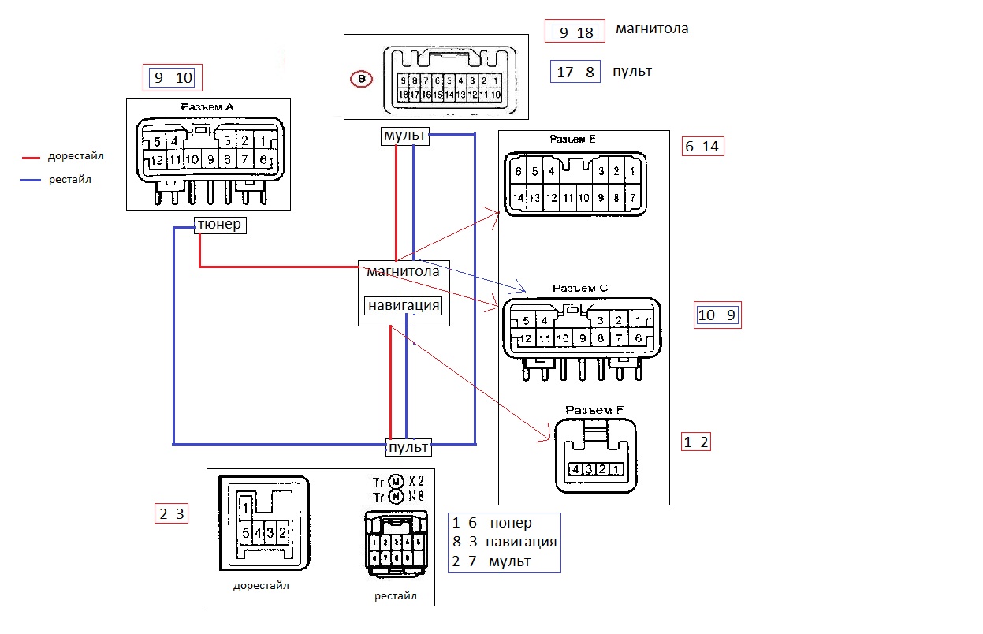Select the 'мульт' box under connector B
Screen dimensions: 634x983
[x=404, y=136]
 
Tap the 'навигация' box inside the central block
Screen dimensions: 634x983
[x=404, y=305]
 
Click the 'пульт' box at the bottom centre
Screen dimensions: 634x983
[x=408, y=447]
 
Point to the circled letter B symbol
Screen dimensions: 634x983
[x=361, y=79]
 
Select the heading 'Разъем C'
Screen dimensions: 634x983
[x=579, y=288]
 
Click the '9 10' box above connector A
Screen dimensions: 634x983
[x=173, y=77]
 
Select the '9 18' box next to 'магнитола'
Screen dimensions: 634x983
[x=575, y=32]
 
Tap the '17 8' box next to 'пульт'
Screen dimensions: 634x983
[x=576, y=72]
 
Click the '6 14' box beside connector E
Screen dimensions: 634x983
[x=702, y=147]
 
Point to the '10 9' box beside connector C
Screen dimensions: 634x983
[x=717, y=315]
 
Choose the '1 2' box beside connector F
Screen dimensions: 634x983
[x=696, y=442]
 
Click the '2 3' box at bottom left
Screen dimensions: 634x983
[x=171, y=514]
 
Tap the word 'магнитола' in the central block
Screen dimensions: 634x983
[x=402, y=271]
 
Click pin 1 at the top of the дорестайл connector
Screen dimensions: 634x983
[x=246, y=508]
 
